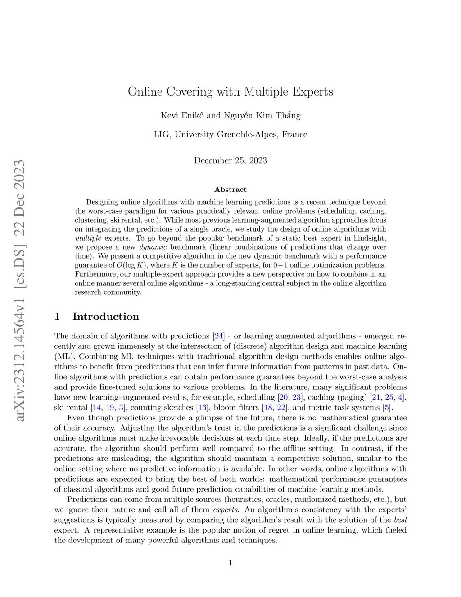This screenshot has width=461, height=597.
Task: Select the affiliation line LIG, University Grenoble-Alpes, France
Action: tap(230, 134)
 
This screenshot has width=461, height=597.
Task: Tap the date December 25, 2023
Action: tap(230, 160)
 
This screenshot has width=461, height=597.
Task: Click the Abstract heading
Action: tap(230, 190)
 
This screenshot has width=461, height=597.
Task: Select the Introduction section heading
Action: tap(105, 317)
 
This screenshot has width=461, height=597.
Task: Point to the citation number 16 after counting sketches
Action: tap(202, 408)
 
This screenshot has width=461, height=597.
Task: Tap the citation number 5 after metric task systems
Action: tap(387, 408)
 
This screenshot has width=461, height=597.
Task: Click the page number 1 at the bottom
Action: tap(230, 562)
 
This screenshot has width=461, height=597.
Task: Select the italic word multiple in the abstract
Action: tap(88, 238)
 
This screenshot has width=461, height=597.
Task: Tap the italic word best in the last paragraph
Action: tap(400, 520)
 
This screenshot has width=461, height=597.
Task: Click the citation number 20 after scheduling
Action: tap(283, 397)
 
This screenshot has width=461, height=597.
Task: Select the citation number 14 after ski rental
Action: tap(96, 408)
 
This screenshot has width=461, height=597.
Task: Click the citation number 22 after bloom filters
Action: tap(281, 408)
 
